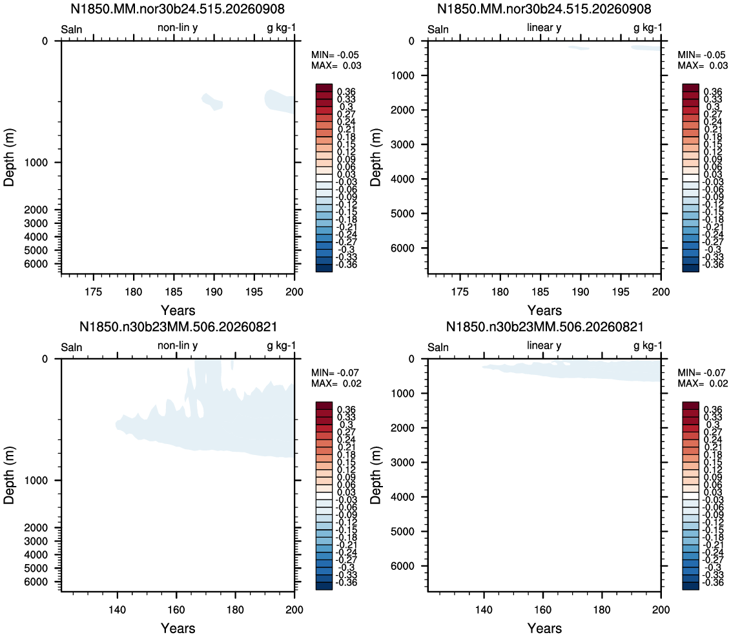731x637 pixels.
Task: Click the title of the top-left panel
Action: point(177,8)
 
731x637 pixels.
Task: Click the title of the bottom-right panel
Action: point(544,326)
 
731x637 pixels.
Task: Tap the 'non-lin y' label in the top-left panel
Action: point(177,28)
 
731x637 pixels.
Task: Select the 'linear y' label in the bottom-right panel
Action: point(544,345)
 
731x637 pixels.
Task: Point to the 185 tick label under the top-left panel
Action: point(174,292)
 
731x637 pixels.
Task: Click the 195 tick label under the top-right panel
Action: point(621,292)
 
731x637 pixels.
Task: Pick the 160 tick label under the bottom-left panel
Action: point(176,609)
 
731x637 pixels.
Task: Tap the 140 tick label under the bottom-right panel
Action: point(484,609)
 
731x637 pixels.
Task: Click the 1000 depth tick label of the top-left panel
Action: point(36,163)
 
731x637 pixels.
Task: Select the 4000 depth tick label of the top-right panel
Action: point(402,179)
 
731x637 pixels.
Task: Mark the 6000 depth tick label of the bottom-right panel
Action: point(402,566)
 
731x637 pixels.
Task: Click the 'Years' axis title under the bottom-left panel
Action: point(178,628)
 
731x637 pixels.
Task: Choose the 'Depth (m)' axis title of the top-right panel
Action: point(375,157)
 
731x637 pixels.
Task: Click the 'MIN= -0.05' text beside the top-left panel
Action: point(335,55)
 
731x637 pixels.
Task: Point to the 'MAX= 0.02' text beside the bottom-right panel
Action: point(703,383)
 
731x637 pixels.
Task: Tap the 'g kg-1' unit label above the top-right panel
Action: point(648,28)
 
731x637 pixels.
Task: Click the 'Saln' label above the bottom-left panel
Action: point(71,347)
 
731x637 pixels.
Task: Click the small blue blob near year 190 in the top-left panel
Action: point(212,101)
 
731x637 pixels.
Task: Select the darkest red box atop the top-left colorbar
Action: point(324,88)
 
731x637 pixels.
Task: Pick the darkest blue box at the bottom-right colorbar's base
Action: point(690,586)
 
